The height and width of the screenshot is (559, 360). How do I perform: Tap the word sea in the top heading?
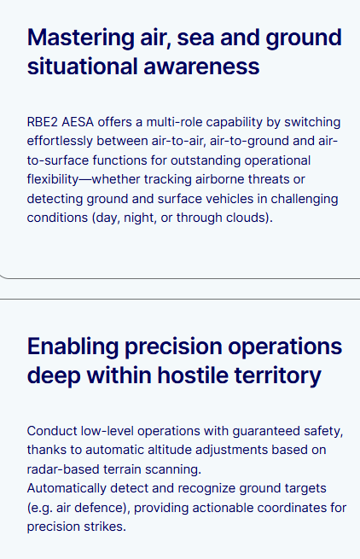[196, 38]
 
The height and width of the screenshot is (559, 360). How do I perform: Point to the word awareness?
[201, 67]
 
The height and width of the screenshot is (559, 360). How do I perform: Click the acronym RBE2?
[42, 122]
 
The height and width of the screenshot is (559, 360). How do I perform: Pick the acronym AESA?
[78, 122]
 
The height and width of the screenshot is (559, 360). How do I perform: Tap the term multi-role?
[174, 122]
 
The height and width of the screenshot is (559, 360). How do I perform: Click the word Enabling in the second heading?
[73, 347]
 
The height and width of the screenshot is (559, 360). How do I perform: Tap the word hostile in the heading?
[193, 376]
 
